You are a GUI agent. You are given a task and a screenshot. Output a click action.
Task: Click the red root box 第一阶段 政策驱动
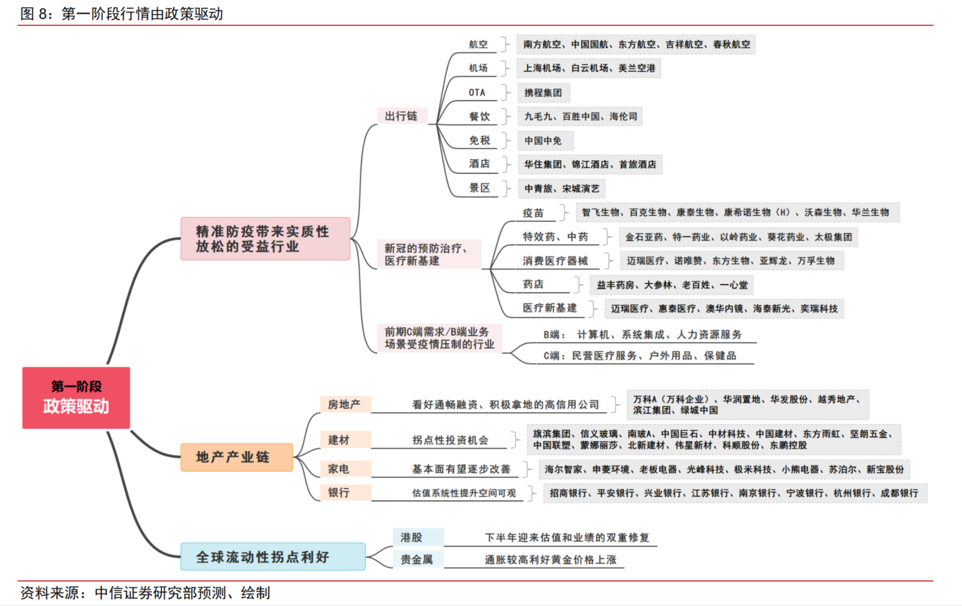76,398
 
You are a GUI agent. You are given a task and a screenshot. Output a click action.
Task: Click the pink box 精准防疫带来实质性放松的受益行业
265,239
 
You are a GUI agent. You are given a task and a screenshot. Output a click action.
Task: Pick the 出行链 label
401,116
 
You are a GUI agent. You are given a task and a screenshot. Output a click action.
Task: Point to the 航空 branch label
478,44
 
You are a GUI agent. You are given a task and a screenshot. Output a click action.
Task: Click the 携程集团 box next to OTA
543,92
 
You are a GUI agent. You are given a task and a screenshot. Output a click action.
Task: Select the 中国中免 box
543,141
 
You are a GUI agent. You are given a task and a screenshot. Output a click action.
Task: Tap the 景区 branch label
480,188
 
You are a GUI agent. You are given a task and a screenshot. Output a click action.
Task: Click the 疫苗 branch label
533,213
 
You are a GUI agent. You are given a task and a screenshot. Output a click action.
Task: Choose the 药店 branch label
533,284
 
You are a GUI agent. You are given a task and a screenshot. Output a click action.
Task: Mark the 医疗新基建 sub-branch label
550,308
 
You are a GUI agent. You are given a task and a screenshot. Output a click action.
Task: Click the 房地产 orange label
344,404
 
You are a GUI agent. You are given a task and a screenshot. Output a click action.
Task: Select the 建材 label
339,440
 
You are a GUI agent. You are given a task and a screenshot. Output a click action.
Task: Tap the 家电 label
339,469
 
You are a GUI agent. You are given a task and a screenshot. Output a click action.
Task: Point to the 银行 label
339,492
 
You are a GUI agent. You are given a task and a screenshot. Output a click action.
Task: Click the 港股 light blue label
412,537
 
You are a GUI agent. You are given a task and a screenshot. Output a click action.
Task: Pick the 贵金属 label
417,559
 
